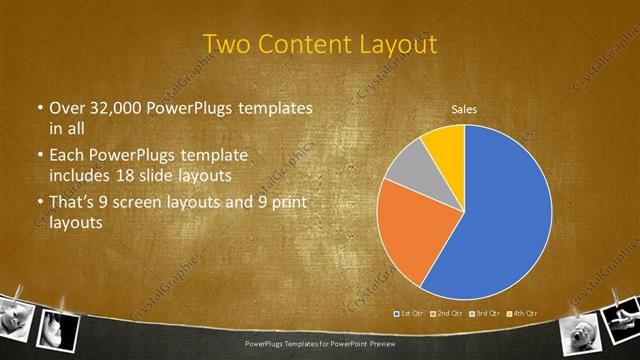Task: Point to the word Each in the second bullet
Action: click(68, 156)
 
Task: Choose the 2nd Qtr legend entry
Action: click(446, 314)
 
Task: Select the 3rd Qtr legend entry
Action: click(482, 314)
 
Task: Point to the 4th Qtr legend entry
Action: click(517, 314)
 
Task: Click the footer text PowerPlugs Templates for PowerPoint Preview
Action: click(320, 343)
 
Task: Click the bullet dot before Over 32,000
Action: click(39, 108)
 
